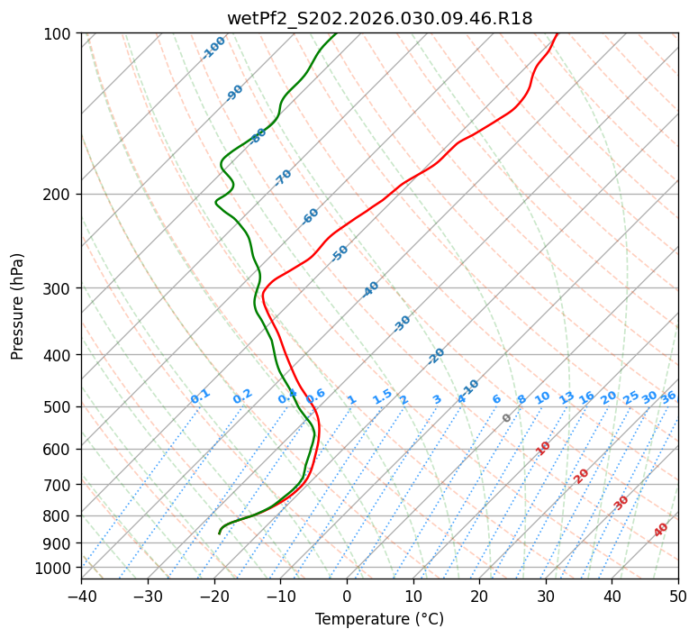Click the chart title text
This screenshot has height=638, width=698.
[x=379, y=18]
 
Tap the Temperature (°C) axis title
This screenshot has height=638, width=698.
[x=379, y=620]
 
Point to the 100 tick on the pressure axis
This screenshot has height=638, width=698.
[x=60, y=34]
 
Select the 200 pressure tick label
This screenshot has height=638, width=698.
[x=60, y=195]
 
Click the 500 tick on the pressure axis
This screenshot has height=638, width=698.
[x=60, y=407]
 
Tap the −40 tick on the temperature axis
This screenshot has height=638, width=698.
[x=81, y=596]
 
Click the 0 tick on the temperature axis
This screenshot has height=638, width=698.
[x=347, y=596]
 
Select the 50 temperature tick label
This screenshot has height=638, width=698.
[x=678, y=596]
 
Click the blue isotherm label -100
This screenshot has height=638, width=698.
[x=214, y=48]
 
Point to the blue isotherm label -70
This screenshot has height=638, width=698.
[x=283, y=178]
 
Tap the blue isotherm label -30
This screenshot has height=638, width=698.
[x=402, y=324]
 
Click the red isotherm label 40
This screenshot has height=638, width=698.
[x=661, y=530]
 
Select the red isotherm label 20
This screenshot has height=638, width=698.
[x=582, y=476]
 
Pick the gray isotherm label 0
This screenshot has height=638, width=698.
[x=507, y=418]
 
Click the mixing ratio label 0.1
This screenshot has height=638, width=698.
[x=200, y=396]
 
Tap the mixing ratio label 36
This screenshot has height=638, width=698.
[x=668, y=396]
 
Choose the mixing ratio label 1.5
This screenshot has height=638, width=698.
[x=383, y=396]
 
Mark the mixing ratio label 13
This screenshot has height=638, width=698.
[x=567, y=397]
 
